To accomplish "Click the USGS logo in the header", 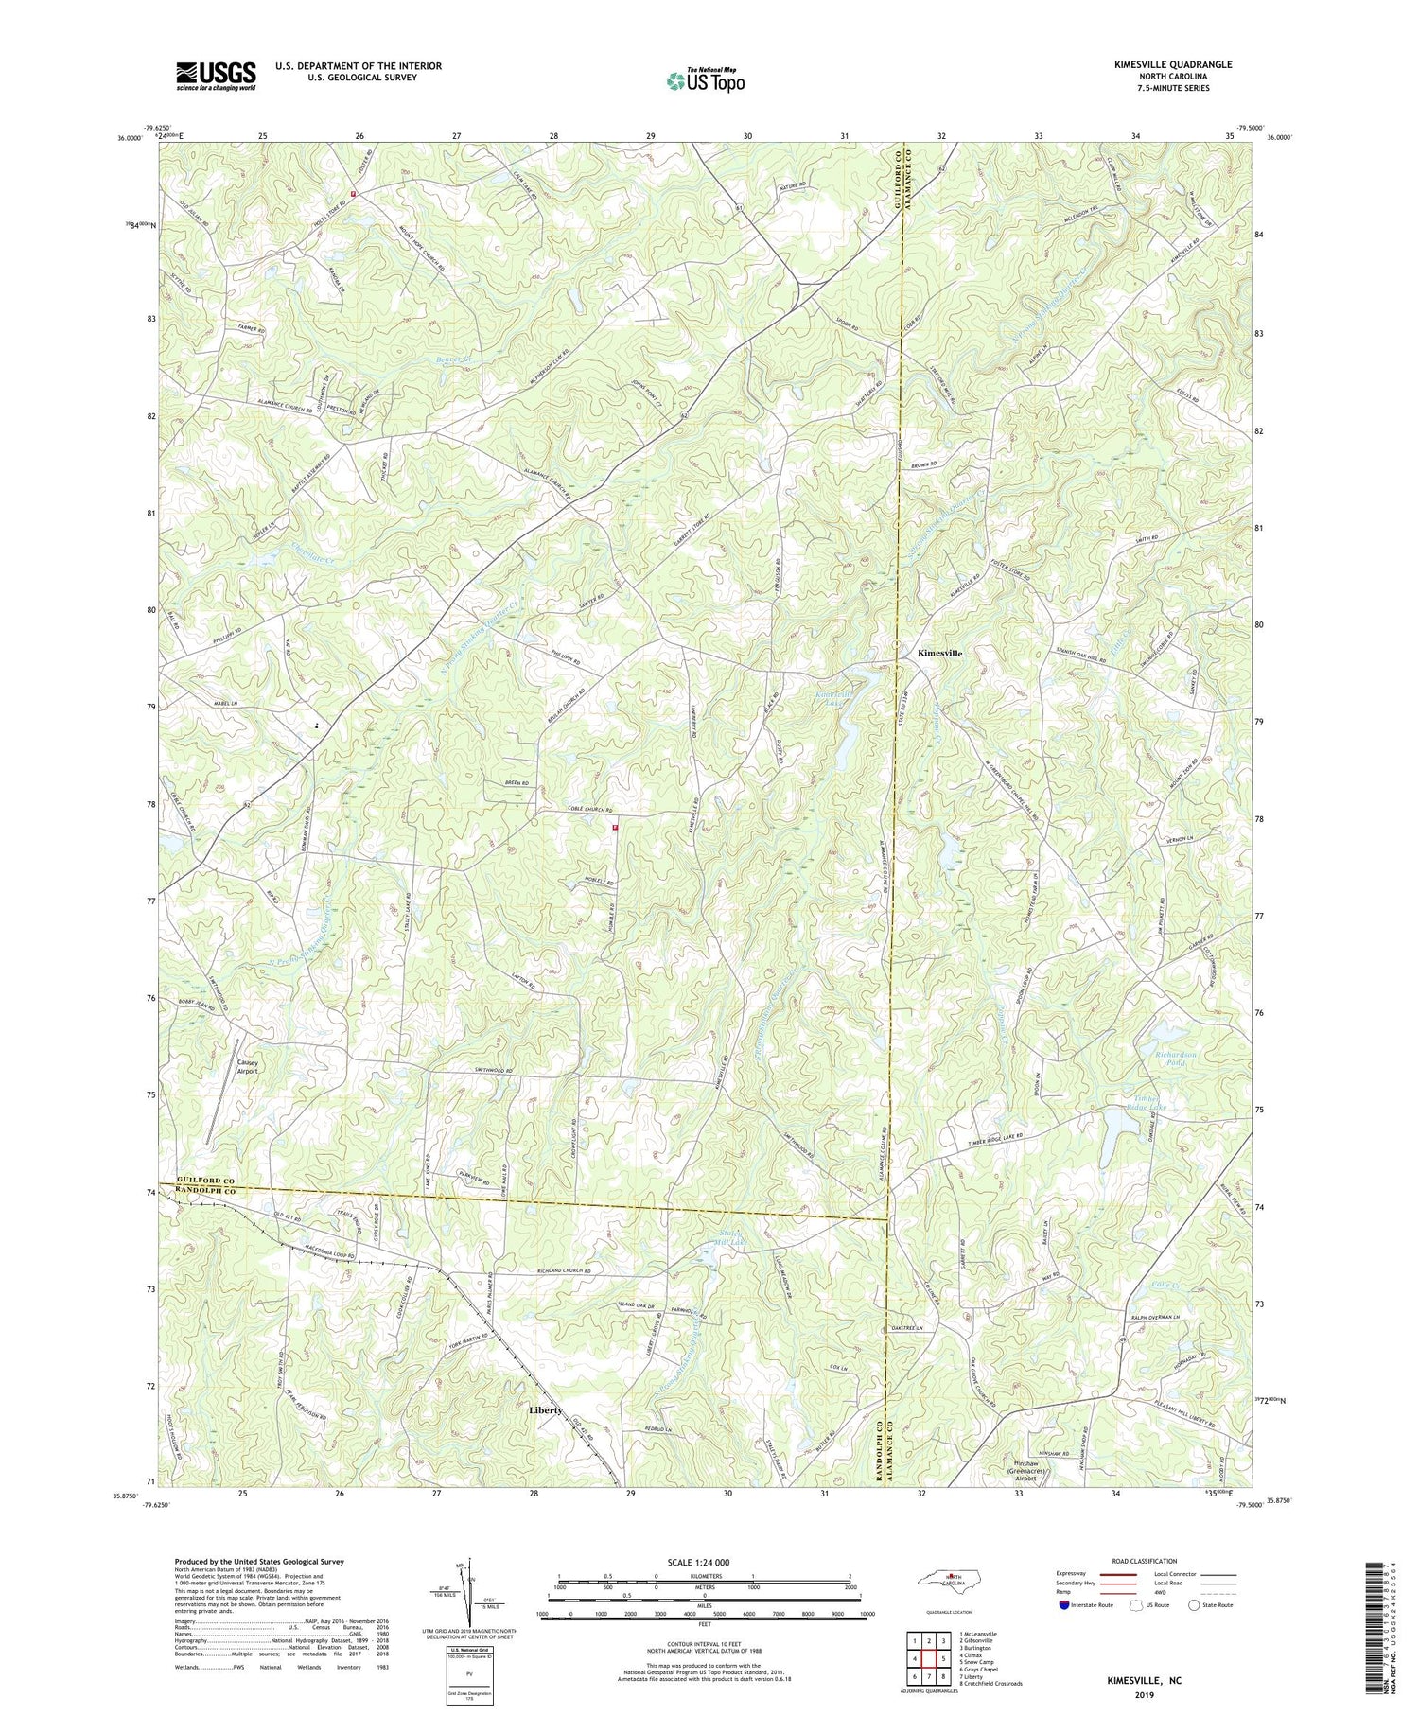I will (216, 76).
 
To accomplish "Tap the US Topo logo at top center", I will (705, 80).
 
